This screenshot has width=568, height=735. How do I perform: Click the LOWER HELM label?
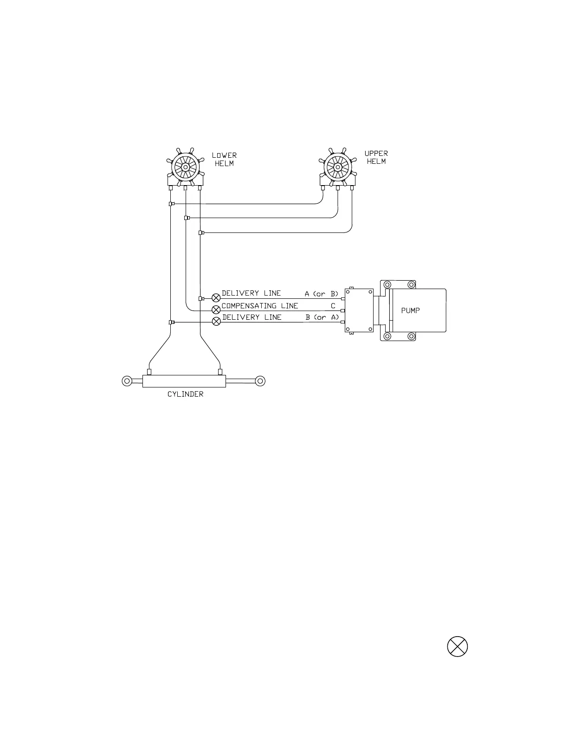224,159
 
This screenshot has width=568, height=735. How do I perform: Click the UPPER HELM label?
376,157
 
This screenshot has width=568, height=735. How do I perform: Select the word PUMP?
411,310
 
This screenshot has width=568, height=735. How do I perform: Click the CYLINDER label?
185,394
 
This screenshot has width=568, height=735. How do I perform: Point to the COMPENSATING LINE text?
260,306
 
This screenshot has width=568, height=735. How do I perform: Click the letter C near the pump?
333,306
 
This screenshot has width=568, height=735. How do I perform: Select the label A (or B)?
322,294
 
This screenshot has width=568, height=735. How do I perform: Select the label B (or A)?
322,317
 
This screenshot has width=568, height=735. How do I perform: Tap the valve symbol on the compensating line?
216,309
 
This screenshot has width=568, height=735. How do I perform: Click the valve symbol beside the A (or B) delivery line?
216,298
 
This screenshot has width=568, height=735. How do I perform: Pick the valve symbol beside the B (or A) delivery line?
216,322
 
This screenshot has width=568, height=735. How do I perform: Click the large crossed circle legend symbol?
457,646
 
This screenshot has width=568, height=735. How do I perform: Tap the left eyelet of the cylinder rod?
127,381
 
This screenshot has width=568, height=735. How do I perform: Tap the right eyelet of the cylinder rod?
260,381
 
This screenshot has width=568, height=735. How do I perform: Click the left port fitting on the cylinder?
149,371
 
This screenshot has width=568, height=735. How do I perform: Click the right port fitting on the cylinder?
220,371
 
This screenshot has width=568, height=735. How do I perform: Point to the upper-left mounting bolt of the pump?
387,285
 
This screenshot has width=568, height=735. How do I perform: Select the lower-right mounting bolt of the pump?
411,336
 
